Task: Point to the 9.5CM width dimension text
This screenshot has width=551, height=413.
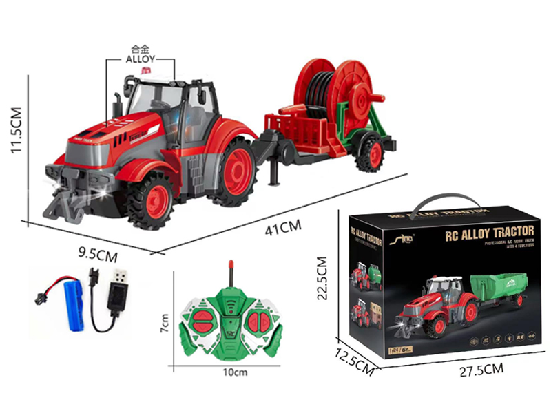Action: (x=97, y=254)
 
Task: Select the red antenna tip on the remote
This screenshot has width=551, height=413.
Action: (x=229, y=266)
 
